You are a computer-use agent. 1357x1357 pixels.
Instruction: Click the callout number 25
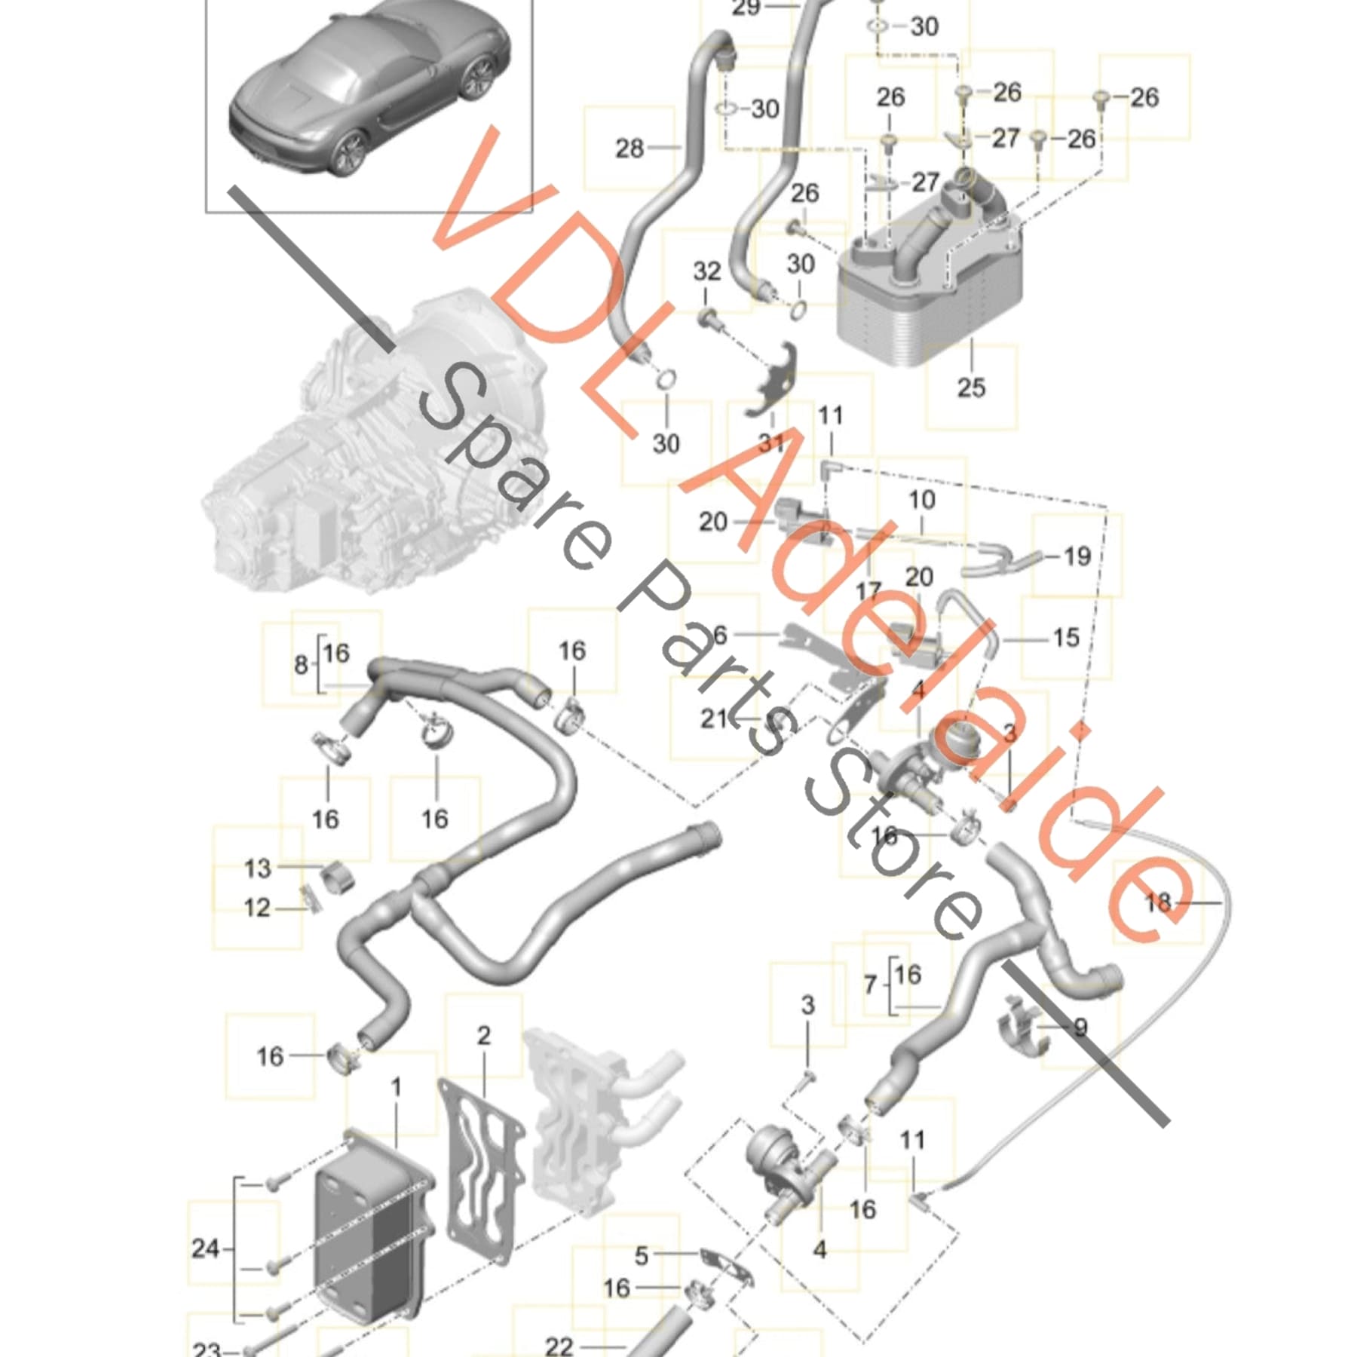tap(971, 387)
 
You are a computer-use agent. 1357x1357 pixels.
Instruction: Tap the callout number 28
tap(629, 149)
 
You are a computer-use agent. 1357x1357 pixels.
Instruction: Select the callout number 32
tap(707, 271)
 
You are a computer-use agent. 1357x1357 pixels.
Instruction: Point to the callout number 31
tap(771, 443)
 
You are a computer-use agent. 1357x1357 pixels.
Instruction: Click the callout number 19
tap(1077, 556)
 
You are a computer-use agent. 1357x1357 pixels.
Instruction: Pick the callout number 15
tap(1066, 638)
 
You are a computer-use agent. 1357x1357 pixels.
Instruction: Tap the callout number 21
tap(715, 718)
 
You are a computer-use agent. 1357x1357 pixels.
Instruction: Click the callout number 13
tap(257, 868)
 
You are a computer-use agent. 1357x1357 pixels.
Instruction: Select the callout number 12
tap(257, 908)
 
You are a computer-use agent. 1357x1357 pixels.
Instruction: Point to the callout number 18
tap(1158, 902)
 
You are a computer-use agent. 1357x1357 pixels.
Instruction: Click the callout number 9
tap(1080, 1028)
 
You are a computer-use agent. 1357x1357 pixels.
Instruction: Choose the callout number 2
tap(483, 1035)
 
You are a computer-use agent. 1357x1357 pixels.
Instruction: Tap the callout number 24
tap(205, 1249)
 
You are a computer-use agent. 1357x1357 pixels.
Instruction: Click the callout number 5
tap(641, 1256)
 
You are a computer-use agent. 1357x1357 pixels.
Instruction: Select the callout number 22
tap(559, 1346)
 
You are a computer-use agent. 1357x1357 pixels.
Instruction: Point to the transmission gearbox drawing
tap(377, 452)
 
